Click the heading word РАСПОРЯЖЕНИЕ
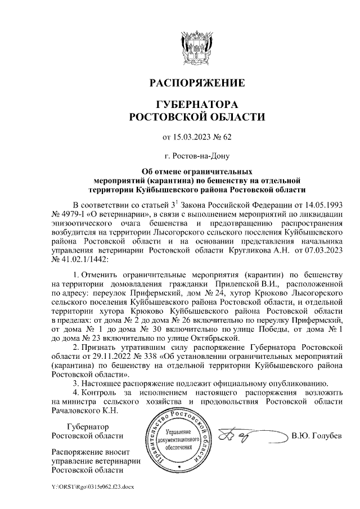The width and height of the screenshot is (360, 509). pyautogui.click(x=196, y=83)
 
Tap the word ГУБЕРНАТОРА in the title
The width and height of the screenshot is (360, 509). pyautogui.click(x=196, y=105)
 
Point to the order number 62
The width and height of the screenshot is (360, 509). pyautogui.click(x=227, y=137)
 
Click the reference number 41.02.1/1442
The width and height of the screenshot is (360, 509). pyautogui.click(x=83, y=260)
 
